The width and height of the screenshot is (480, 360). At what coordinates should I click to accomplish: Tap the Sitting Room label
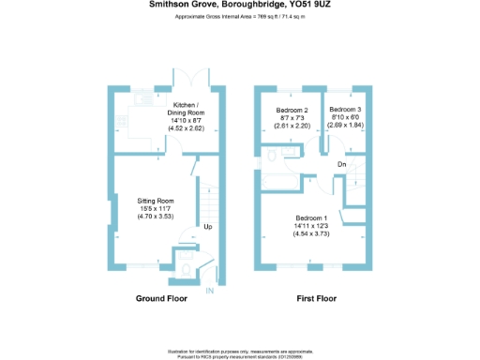157,201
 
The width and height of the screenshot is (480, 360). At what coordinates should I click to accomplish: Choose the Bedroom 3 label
346,109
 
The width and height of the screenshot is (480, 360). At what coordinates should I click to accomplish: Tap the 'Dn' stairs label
342,164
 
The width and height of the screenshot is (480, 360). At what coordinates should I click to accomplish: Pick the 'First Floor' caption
316,299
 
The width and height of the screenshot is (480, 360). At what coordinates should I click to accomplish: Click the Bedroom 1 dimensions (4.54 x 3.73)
309,235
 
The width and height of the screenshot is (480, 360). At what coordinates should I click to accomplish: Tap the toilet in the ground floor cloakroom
186,271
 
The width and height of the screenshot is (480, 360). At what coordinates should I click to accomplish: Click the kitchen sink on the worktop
142,99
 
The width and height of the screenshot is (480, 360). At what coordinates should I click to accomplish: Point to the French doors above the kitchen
198,78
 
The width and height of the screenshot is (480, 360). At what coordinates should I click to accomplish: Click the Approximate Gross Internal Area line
239,18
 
